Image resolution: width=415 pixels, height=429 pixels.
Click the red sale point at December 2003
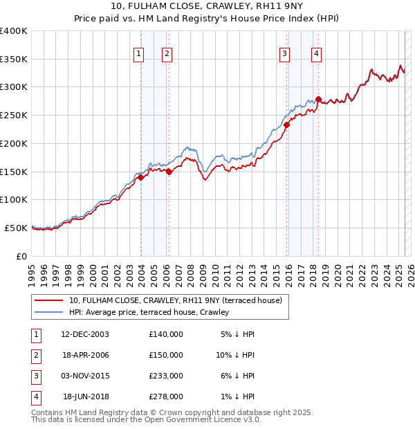click(x=140, y=177)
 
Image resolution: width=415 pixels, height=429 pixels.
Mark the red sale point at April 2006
click(x=169, y=172)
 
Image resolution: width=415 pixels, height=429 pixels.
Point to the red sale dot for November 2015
click(x=286, y=125)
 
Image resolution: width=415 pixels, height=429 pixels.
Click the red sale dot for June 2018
click(x=318, y=100)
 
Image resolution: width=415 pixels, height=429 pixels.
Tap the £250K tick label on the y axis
click(x=14, y=116)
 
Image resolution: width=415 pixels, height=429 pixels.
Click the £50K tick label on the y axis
click(x=16, y=228)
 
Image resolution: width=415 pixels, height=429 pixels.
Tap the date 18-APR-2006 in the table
click(x=86, y=354)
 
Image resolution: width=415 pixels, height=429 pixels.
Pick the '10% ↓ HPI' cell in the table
click(x=235, y=354)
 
